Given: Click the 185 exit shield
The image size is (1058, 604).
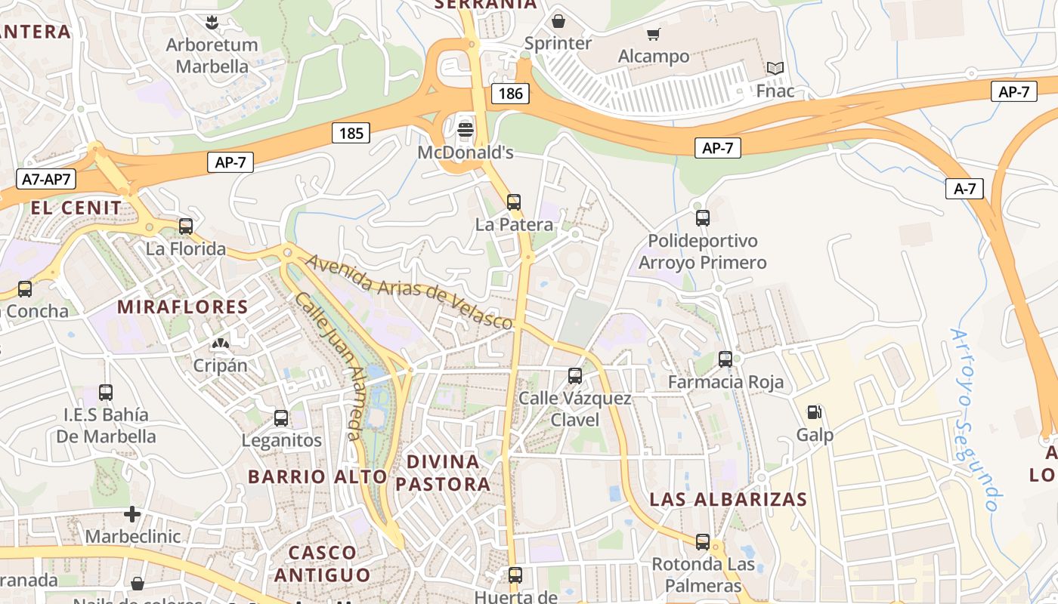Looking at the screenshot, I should click(351, 134).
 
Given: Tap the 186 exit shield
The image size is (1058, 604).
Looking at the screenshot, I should click(511, 94).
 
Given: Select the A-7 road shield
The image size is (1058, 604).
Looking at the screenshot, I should click(965, 189).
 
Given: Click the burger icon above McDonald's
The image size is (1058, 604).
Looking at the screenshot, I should click(466, 130).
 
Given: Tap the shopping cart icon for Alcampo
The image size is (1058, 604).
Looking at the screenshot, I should click(653, 34).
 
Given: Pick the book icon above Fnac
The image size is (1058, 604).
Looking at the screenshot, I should click(775, 69).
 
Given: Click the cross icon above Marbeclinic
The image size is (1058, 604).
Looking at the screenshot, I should click(132, 514).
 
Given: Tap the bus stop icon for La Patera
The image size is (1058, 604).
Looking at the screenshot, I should click(514, 202).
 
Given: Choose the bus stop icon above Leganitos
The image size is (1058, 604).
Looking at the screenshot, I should click(281, 418).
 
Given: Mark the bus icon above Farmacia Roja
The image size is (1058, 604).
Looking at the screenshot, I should click(725, 359).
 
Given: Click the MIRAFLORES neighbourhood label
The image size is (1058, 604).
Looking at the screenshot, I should click(183, 307).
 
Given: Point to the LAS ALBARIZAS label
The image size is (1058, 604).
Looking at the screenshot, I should click(729, 499).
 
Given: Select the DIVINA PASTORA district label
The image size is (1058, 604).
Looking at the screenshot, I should click(443, 473).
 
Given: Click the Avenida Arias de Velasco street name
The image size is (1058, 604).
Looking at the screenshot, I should click(410, 291).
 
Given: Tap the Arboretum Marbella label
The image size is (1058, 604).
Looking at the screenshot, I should click(212, 55).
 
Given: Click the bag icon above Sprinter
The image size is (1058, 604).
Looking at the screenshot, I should click(558, 20).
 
